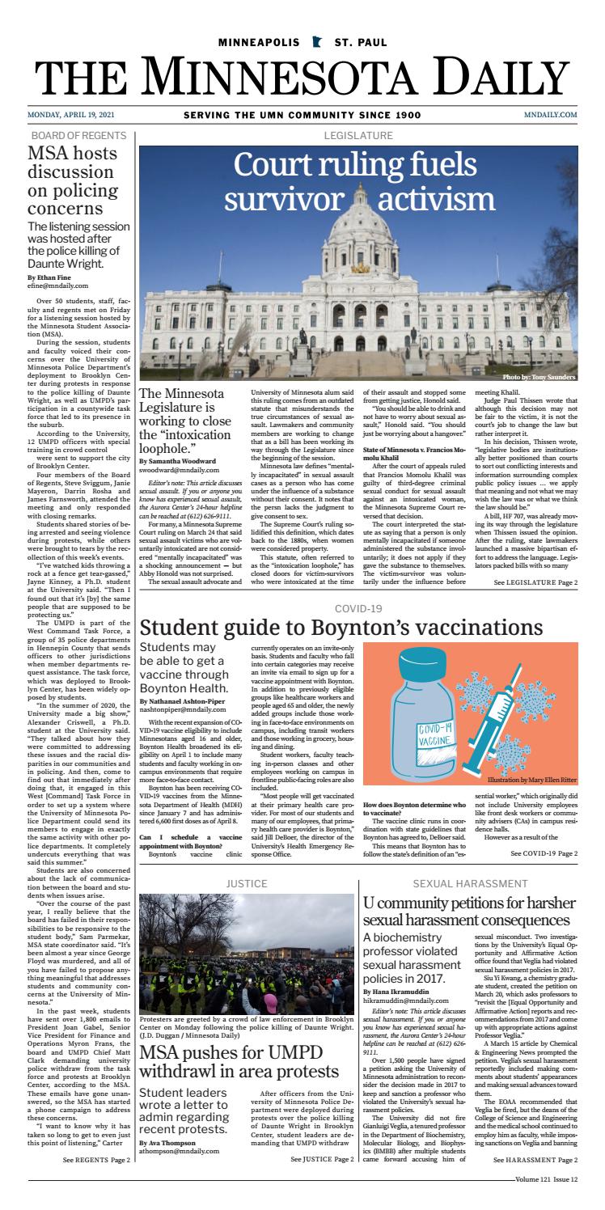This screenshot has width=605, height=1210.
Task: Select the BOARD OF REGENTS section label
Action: pyautogui.click(x=78, y=135)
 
